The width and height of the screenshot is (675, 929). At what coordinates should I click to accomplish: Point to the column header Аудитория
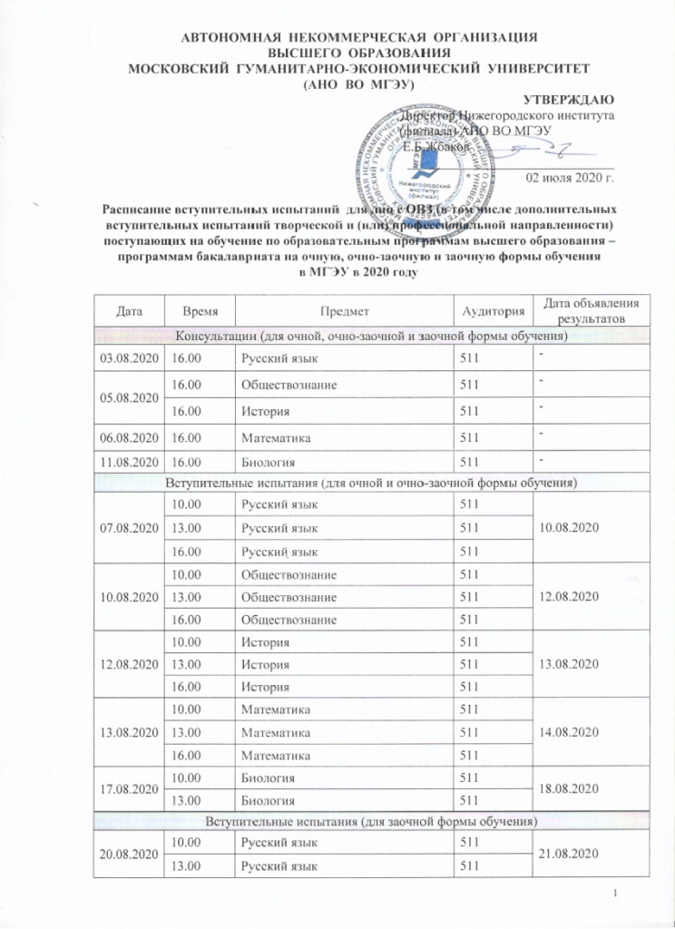coord(494,310)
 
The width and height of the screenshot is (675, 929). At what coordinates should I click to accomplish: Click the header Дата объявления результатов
coord(590,310)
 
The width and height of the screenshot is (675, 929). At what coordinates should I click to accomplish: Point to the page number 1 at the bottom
coord(616,898)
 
